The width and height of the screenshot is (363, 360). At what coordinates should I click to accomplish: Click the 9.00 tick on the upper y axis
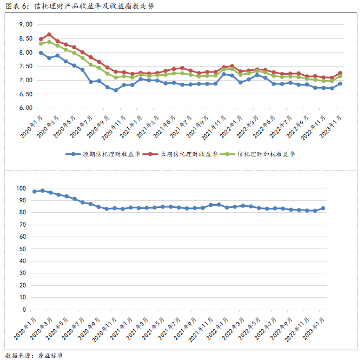pyautogui.click(x=25, y=25)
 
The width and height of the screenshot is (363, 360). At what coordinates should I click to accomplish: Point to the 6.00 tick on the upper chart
pyautogui.click(x=25, y=108)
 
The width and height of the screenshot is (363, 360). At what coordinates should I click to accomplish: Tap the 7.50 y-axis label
pyautogui.click(x=25, y=67)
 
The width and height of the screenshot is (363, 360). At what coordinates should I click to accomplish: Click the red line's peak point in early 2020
pyautogui.click(x=49, y=35)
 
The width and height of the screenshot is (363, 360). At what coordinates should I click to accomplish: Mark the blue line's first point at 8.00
pyautogui.click(x=41, y=53)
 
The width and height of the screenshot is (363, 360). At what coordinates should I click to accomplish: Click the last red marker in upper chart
pyautogui.click(x=340, y=73)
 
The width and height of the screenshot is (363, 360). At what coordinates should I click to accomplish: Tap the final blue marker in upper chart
pyautogui.click(x=340, y=83)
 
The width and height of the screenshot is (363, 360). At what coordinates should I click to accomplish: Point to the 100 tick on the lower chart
pyautogui.click(x=22, y=188)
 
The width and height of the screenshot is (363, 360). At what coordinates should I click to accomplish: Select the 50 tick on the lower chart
pyautogui.click(x=23, y=249)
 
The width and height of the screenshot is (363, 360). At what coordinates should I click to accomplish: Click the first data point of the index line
pyautogui.click(x=35, y=192)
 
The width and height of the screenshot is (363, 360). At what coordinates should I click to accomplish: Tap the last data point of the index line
pyautogui.click(x=323, y=208)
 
